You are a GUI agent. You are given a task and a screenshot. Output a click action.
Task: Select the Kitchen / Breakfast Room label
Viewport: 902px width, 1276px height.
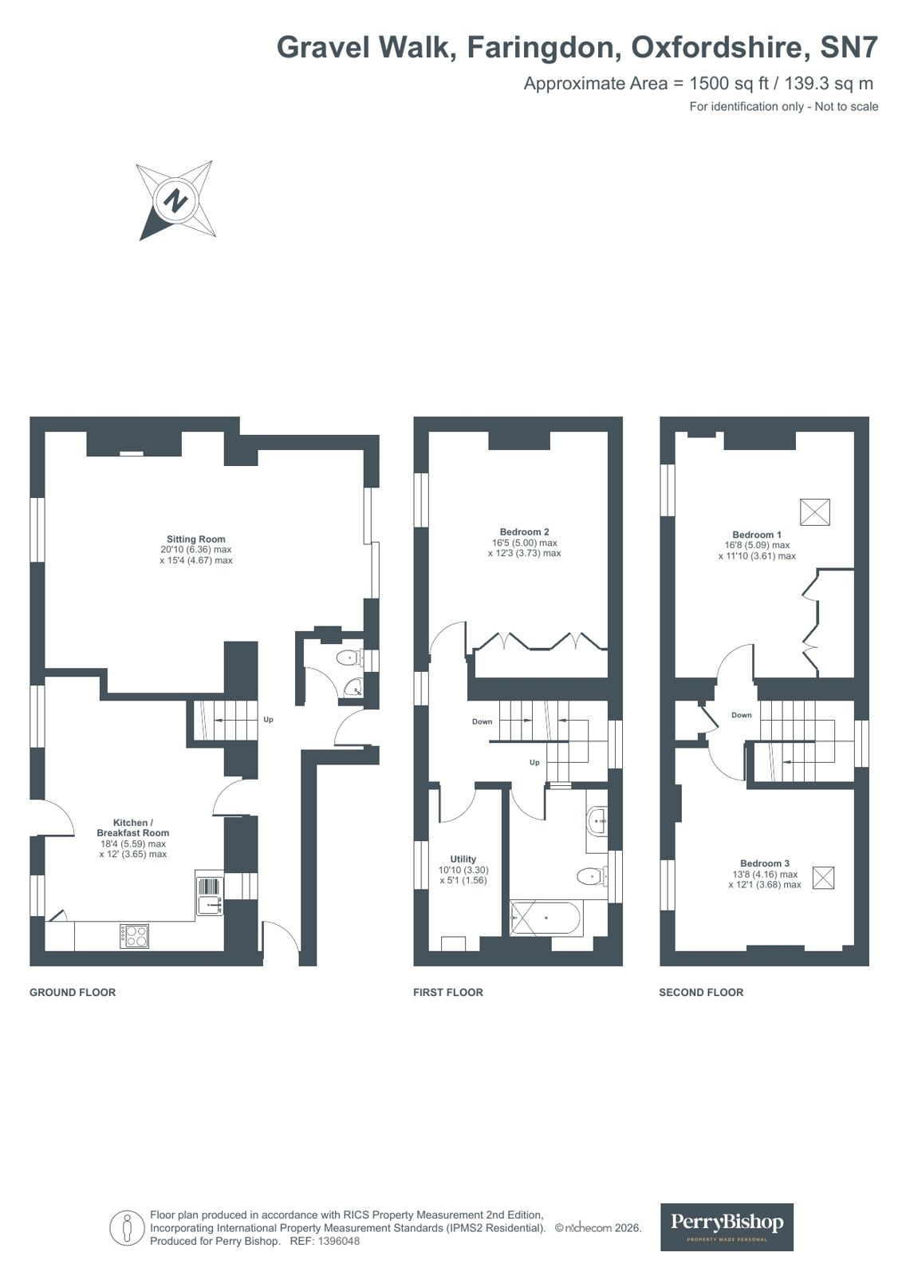click(x=132, y=828)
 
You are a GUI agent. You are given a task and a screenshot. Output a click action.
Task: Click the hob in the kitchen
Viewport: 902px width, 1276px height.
click(x=134, y=936)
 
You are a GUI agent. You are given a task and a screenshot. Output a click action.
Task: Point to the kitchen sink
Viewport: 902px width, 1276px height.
click(x=209, y=905)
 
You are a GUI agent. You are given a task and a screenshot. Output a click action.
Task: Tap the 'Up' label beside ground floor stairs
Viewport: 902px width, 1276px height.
click(x=268, y=720)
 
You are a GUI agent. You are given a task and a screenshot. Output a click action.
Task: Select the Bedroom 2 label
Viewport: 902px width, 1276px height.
click(x=524, y=532)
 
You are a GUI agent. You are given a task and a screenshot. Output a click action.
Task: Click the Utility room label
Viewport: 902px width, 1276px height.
click(x=463, y=859)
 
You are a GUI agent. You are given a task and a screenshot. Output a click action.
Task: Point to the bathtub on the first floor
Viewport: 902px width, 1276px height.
click(x=547, y=918)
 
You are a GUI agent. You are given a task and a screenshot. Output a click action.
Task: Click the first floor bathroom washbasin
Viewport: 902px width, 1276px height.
click(x=597, y=820)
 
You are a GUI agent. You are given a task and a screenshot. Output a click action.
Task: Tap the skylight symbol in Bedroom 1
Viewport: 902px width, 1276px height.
click(x=814, y=512)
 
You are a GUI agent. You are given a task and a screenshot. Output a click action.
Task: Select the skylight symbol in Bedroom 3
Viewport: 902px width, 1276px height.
click(x=824, y=879)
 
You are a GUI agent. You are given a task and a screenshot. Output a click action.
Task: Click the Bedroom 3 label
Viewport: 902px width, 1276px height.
click(x=764, y=863)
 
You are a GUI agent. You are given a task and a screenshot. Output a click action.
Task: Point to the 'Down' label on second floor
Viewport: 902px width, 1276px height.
click(x=741, y=715)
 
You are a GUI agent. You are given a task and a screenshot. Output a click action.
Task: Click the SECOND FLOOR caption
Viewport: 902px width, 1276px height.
click(x=701, y=993)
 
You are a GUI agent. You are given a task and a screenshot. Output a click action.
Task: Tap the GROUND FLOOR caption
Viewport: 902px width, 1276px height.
click(x=73, y=993)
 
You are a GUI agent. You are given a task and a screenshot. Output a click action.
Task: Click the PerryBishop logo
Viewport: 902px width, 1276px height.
click(x=727, y=1227)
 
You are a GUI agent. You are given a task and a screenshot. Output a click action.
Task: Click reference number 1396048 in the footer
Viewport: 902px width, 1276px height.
click(x=338, y=1242)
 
